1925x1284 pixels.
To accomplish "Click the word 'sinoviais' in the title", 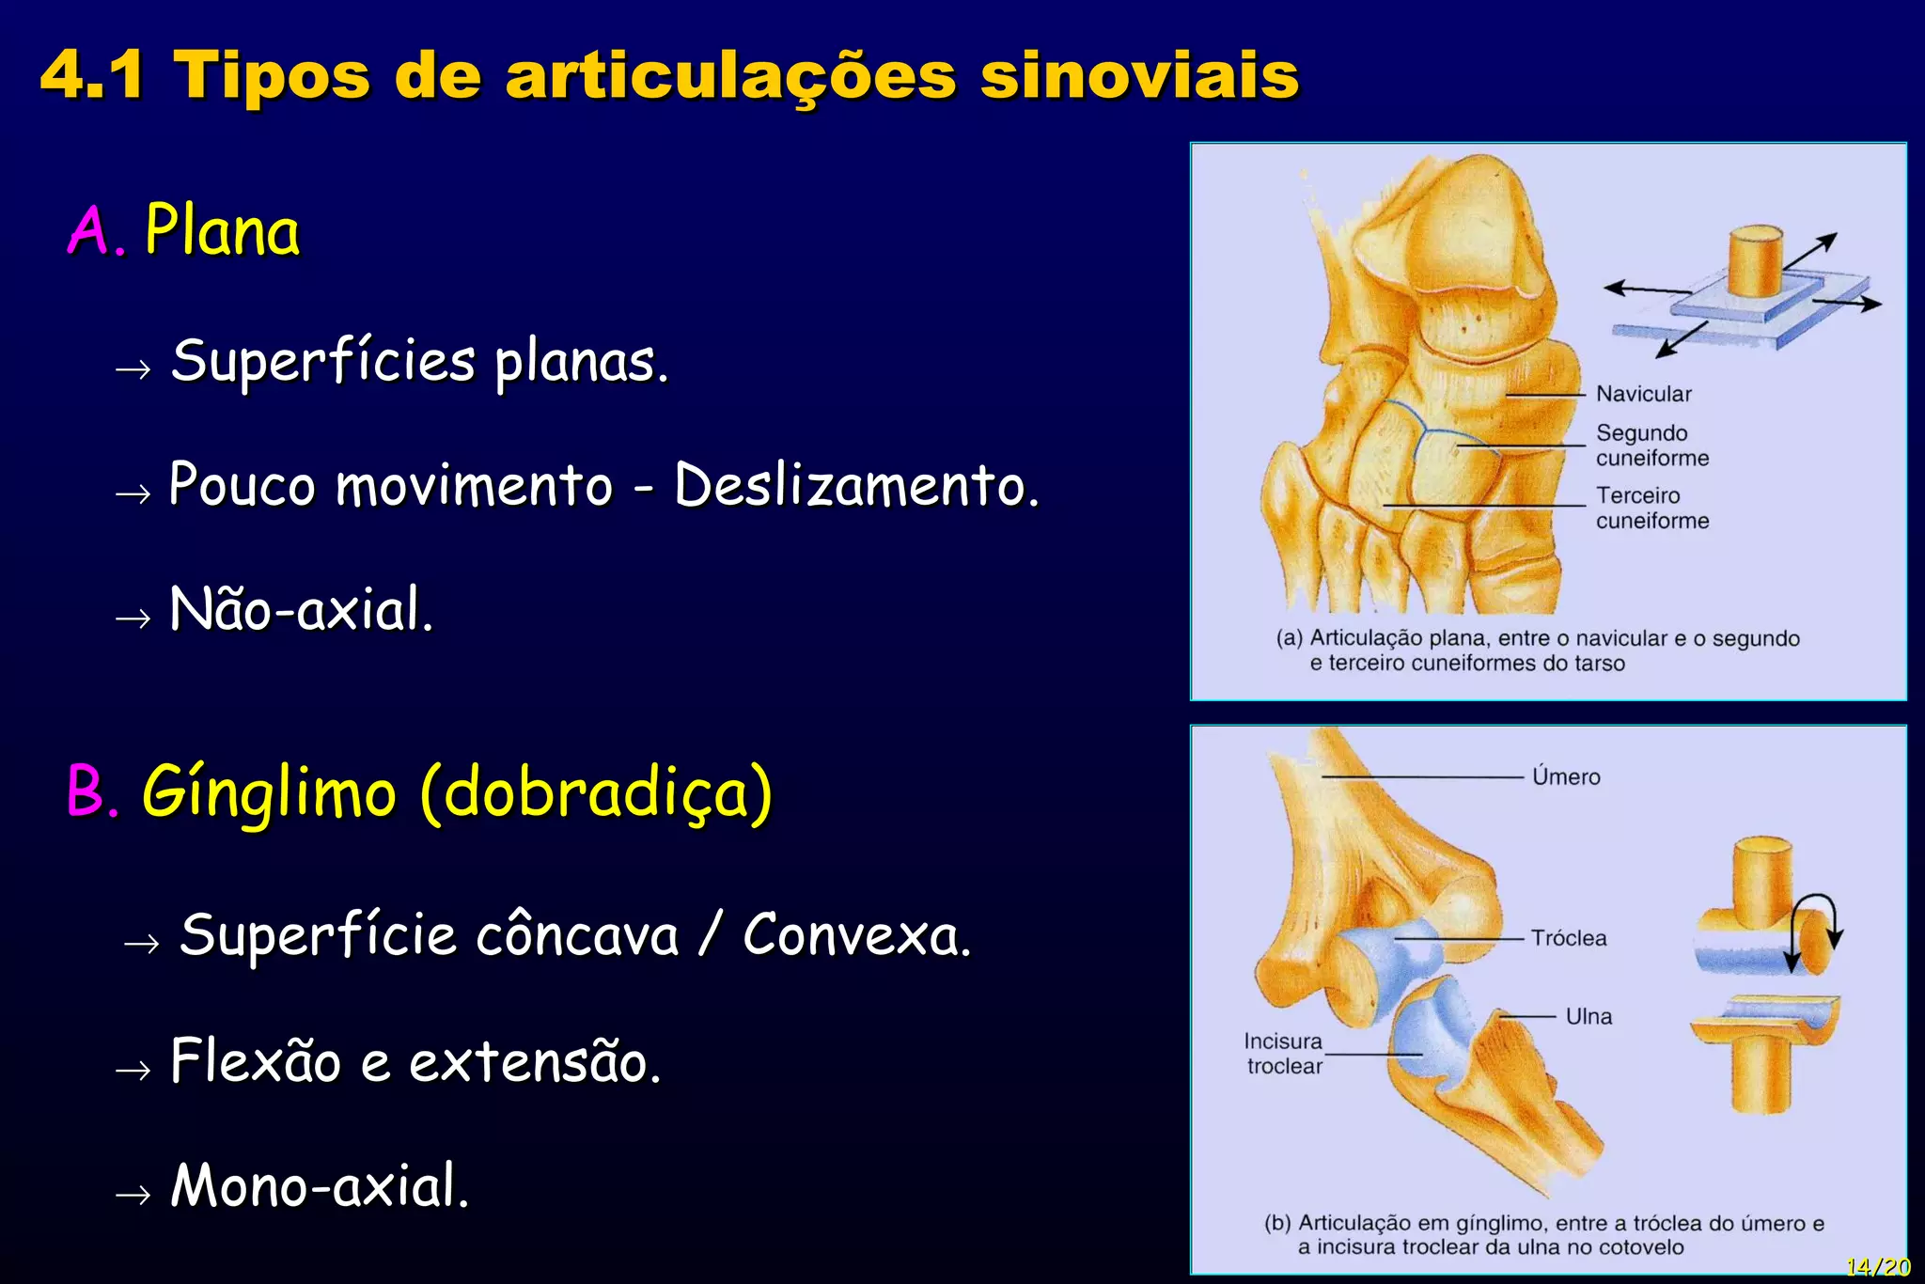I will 1139,75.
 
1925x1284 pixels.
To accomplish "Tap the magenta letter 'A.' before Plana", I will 95,231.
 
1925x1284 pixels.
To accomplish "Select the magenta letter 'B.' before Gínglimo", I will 93,791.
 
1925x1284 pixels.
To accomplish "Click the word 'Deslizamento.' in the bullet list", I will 856,486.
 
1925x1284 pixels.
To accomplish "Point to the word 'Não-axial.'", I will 301,609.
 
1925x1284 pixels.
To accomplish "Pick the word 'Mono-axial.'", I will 320,1185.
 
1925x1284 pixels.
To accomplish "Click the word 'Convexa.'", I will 856,935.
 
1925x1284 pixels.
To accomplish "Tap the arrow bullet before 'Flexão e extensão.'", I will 133,1070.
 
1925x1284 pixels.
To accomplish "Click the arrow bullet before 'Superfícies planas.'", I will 133,369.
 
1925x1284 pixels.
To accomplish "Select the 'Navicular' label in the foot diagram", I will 1643,394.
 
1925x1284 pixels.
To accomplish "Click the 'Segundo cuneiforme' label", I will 1651,446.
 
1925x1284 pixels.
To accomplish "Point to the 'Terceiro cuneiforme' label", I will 1651,508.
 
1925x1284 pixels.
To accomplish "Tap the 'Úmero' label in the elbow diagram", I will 1566,776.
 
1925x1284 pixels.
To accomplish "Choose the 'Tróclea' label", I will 1569,938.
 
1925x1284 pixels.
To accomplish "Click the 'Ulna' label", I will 1589,1016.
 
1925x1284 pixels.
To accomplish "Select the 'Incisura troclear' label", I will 1284,1054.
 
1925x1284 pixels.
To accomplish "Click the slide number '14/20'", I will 1877,1267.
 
